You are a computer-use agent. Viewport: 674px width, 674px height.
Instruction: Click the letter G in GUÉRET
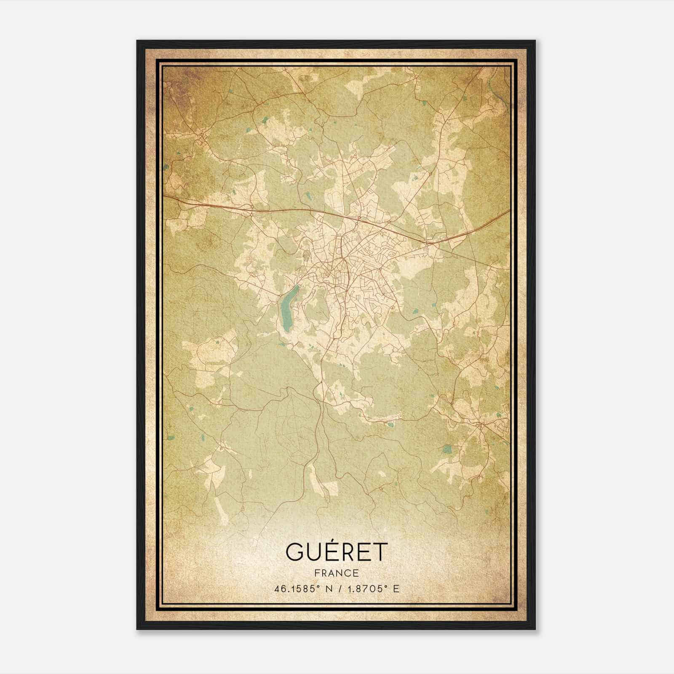(x=295, y=552)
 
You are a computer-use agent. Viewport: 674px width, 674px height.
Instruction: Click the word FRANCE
(x=336, y=573)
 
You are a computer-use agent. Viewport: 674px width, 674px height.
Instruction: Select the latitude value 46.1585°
(x=294, y=589)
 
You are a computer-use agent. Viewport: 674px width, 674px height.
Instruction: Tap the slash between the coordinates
(x=339, y=589)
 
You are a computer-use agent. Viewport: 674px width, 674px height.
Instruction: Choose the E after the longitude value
(x=396, y=589)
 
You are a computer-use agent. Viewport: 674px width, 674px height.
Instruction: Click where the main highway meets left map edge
(x=164, y=196)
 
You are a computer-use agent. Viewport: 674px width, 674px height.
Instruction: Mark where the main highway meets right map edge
(x=509, y=211)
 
